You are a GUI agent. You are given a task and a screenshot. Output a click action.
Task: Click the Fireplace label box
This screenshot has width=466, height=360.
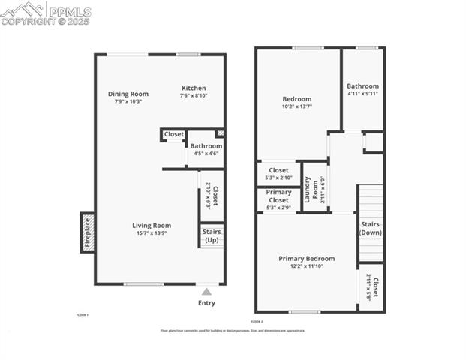pos(87,232)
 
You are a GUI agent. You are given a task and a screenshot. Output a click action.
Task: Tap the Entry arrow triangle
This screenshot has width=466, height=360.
pos(206,291)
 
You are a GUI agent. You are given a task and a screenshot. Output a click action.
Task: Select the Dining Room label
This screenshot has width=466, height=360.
pos(128,94)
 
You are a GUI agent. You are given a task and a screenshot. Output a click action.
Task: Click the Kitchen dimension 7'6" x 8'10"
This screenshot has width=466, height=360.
pos(193,96)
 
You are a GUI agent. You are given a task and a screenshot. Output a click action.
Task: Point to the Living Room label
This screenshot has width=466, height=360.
pos(152,225)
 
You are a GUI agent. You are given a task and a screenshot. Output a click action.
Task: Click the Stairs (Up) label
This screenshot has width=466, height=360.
pos(212,236)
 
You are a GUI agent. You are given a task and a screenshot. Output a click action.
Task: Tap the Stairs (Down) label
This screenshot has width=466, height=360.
pos(371,228)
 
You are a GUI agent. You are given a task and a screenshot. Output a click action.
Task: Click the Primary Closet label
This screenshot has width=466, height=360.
pos(278,196)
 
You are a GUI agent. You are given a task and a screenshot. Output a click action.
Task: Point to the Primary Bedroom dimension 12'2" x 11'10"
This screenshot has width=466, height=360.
pos(306,266)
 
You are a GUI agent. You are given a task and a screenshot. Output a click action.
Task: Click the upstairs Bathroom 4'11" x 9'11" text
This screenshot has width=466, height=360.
pos(362,94)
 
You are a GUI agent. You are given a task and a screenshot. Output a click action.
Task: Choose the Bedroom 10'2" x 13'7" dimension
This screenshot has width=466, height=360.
pos(296,106)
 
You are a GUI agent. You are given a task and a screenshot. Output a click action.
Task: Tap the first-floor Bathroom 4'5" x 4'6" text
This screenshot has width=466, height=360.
pos(206,154)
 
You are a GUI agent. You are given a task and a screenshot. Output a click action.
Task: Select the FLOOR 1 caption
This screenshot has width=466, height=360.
pos(83,314)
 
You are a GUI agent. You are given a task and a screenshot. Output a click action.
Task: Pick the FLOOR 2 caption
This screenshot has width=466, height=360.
pos(256,321)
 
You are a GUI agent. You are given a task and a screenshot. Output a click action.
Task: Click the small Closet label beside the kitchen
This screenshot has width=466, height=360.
pos(174,135)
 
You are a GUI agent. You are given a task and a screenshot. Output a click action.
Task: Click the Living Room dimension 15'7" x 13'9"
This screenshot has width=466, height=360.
pos(152,233)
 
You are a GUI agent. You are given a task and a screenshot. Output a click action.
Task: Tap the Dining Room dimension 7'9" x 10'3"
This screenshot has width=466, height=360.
pos(128,101)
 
